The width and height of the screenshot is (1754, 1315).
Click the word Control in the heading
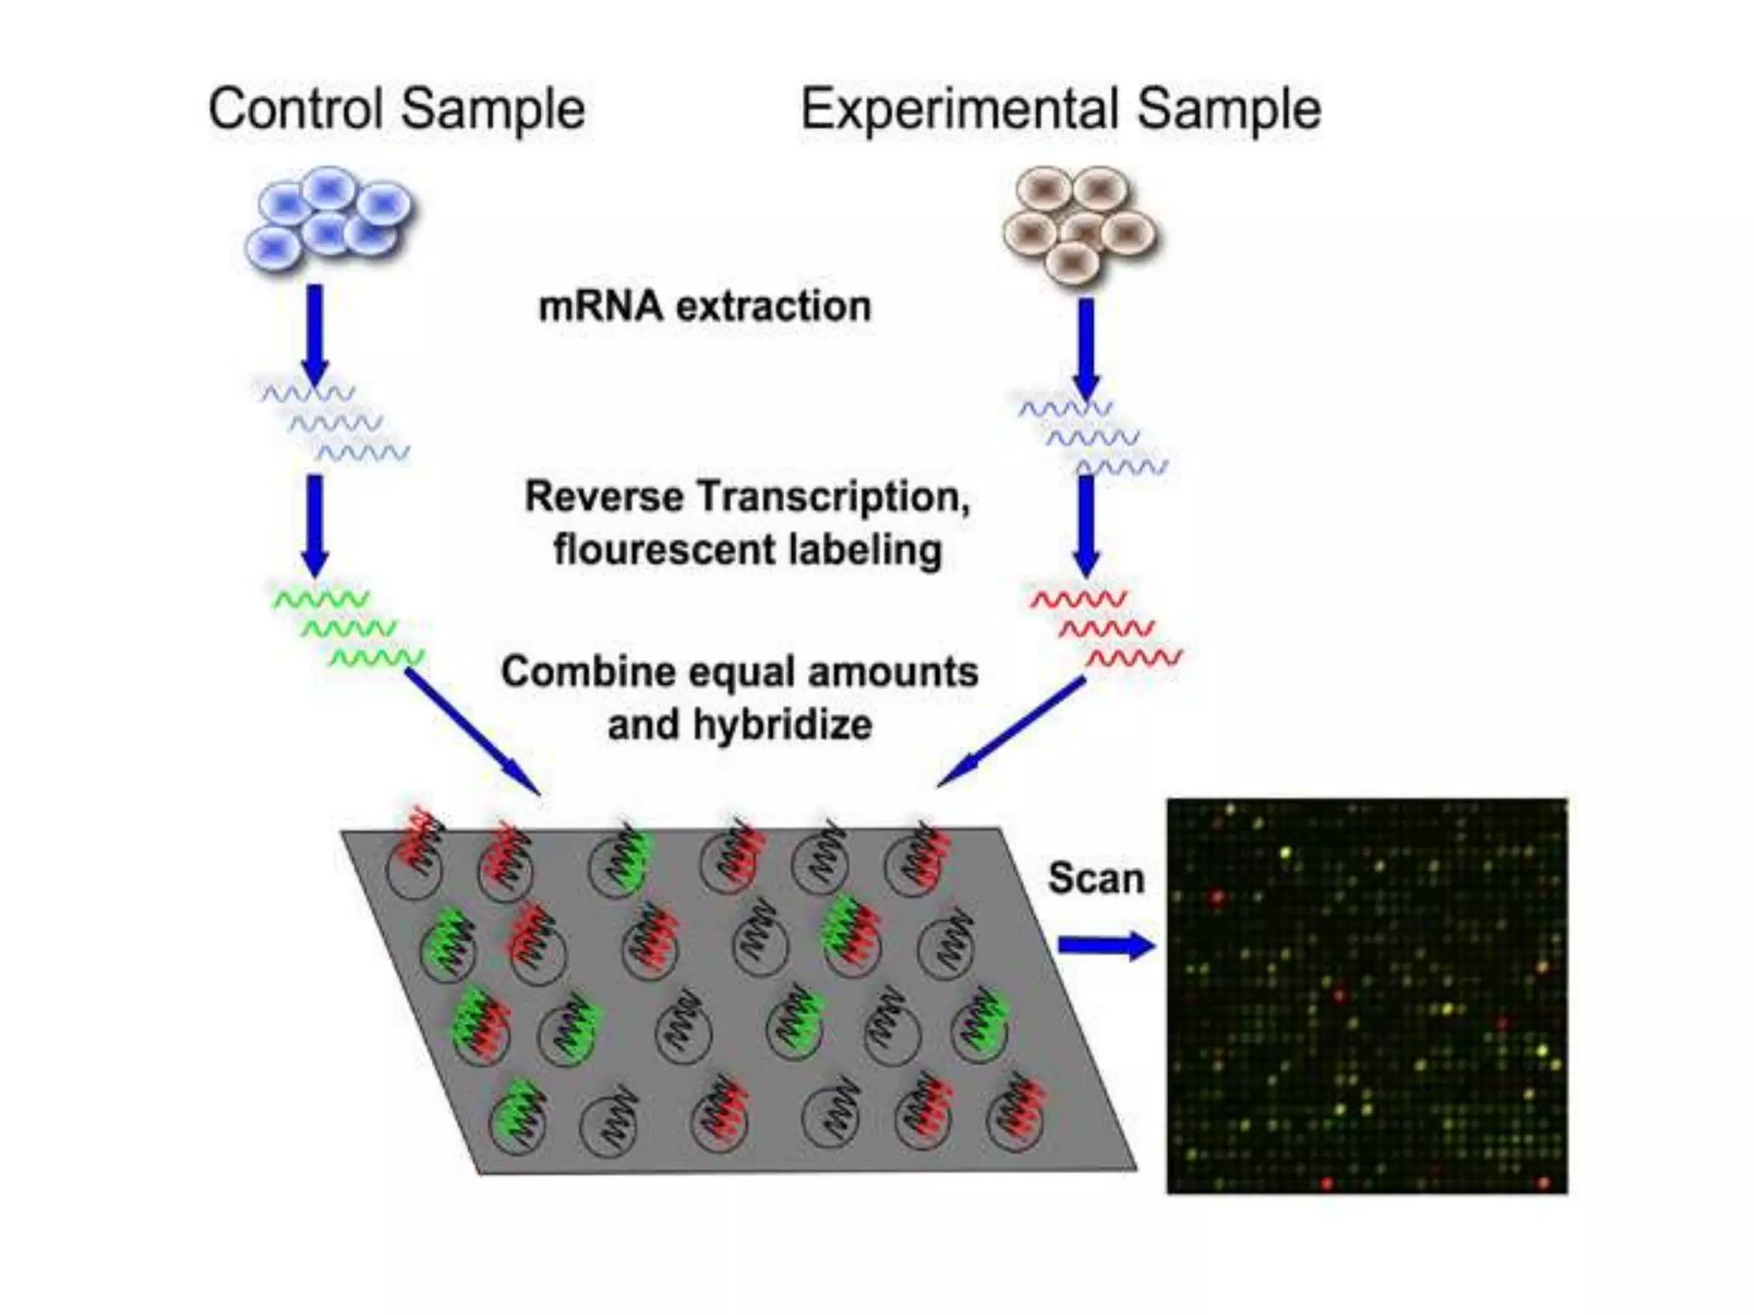(295, 110)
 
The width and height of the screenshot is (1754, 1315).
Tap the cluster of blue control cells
(328, 218)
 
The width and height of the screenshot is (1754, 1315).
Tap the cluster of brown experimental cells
(1079, 224)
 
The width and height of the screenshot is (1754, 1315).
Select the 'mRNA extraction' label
(704, 306)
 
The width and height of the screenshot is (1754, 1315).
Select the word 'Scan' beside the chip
(1096, 878)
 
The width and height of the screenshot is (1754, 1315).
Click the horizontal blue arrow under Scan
(1106, 945)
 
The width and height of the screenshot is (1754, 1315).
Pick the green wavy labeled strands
(348, 628)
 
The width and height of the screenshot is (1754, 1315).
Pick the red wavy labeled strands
(1106, 628)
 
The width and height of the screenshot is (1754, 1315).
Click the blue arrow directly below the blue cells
(315, 334)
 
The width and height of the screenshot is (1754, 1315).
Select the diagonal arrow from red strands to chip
(1011, 732)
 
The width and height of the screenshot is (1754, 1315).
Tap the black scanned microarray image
(1367, 996)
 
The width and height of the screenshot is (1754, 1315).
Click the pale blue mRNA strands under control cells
(336, 422)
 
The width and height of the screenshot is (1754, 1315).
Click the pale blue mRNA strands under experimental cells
(1093, 437)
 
